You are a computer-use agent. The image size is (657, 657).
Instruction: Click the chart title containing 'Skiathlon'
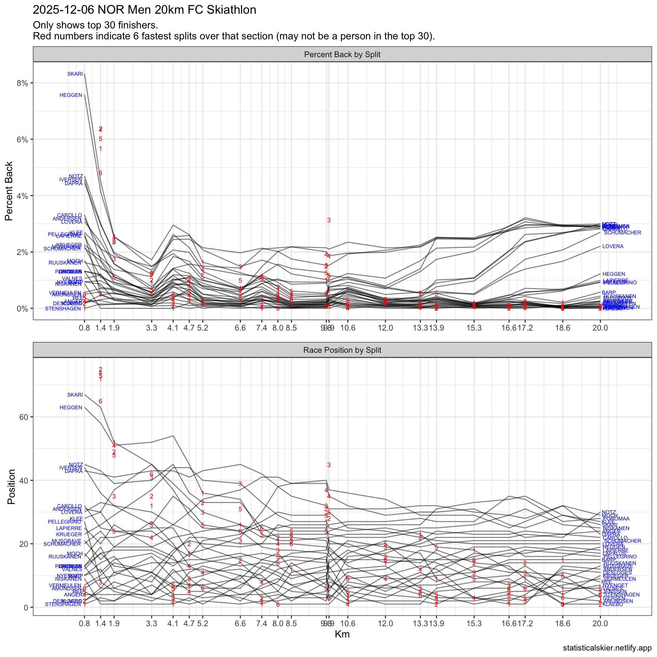point(144,10)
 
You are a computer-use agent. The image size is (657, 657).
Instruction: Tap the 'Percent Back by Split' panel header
point(342,55)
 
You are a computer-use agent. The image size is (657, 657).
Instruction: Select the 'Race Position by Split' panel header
point(342,350)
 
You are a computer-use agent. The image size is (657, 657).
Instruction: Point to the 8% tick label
point(22,83)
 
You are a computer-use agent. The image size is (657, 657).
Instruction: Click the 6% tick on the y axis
point(22,140)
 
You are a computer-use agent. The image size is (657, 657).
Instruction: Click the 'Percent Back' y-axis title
point(9,191)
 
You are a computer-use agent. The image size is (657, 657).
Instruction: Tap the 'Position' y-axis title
point(11,487)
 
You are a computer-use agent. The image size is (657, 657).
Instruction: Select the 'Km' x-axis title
point(342,634)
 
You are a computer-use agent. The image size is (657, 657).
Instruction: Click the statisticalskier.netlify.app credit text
point(607,648)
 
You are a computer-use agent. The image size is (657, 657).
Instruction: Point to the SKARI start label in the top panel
point(75,74)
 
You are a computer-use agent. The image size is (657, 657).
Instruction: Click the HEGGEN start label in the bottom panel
point(71,408)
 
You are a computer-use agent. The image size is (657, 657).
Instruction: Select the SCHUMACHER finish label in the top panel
point(622,233)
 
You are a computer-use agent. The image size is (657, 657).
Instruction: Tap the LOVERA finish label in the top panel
point(613,246)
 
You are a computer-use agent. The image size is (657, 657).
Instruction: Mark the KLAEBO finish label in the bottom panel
point(613,605)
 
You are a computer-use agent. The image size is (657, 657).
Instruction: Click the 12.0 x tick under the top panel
point(385,328)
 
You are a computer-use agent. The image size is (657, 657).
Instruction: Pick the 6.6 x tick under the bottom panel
point(240,623)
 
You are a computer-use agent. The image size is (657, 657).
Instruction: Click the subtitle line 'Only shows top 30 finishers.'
point(95,25)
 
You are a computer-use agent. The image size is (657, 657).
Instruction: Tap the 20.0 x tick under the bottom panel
point(600,623)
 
